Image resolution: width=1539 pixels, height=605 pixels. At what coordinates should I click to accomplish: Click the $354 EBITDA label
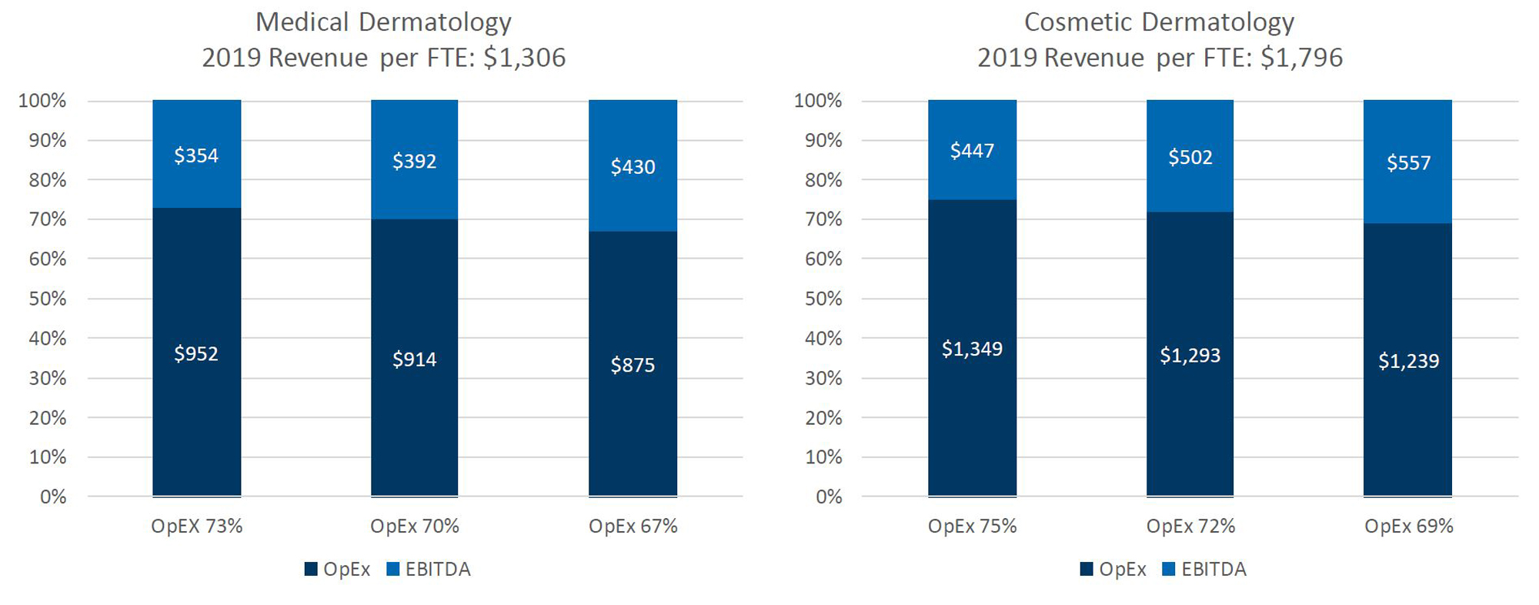coord(196,155)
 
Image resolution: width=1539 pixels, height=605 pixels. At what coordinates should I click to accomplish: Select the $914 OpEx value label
coord(415,359)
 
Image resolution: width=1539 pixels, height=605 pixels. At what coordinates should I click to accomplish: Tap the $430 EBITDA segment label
coord(633,167)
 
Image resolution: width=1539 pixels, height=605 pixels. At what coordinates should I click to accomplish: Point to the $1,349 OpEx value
coord(972,349)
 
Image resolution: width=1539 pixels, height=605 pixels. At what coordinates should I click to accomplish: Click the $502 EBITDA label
coord(1190,158)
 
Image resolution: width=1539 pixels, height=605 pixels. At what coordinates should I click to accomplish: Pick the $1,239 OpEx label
coord(1408,361)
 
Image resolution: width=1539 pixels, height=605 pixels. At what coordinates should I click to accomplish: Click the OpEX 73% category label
coord(196,526)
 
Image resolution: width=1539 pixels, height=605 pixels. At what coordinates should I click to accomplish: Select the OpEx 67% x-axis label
coord(633,526)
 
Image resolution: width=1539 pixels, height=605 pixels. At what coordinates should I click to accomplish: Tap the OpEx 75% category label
coord(972,526)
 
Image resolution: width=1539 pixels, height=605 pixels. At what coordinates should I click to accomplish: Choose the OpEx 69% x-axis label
coord(1408,526)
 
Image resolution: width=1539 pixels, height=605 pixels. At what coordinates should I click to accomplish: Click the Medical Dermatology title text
coord(383,22)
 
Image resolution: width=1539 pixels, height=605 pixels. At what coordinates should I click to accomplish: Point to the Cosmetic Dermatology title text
coord(1159,22)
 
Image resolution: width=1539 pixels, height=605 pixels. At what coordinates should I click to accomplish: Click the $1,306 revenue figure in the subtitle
coord(524,58)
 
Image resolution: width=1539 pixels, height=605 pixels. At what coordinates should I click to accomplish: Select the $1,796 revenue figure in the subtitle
coord(1301,58)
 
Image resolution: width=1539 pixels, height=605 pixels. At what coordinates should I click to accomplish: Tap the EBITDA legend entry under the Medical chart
coord(429,570)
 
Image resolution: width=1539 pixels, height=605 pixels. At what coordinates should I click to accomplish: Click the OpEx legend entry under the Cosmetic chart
coord(1113,570)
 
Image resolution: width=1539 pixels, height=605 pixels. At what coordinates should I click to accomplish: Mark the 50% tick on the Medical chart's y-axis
coord(48,299)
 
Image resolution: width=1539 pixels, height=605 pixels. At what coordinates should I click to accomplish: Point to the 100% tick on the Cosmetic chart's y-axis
coord(818,101)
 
